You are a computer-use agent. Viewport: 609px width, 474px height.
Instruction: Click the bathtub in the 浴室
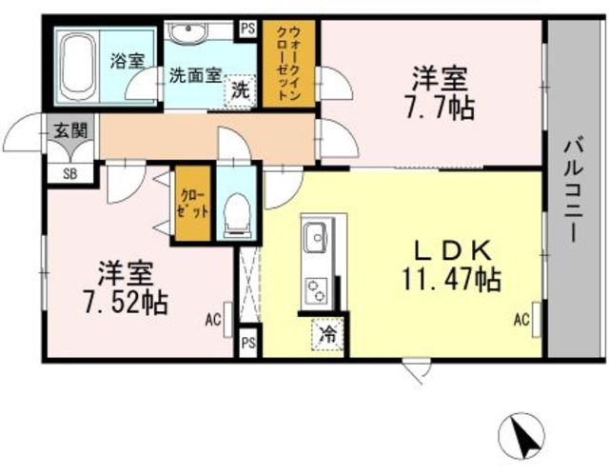click(78, 67)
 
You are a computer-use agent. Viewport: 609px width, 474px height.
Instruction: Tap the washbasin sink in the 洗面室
click(188, 32)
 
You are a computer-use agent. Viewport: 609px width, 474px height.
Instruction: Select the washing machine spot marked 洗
click(241, 90)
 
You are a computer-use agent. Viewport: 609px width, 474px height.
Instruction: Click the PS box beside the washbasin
click(248, 29)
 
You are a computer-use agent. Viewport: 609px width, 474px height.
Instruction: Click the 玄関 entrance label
click(69, 131)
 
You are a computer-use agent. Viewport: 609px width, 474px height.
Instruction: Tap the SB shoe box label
click(70, 174)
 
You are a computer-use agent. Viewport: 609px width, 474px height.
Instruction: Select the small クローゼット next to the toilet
click(192, 204)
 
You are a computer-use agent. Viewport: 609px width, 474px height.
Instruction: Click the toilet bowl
click(237, 215)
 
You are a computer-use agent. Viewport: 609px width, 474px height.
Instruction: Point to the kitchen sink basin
click(315, 237)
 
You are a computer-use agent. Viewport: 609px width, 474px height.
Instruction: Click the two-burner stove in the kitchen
click(315, 291)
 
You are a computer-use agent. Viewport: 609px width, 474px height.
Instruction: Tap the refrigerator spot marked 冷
click(327, 334)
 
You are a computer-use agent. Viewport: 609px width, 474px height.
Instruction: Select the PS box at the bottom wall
click(248, 343)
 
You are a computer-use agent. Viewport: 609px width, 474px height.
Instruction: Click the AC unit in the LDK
click(537, 320)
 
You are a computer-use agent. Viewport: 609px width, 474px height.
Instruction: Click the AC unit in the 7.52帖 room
click(228, 320)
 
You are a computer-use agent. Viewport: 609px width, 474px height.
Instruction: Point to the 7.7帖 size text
click(440, 108)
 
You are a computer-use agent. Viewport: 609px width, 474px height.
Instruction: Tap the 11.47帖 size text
click(450, 279)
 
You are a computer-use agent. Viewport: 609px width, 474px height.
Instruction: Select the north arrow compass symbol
click(521, 436)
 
